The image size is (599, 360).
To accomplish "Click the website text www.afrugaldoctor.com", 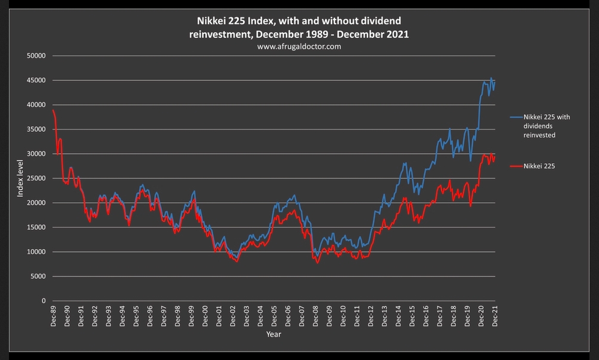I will [x=299, y=46].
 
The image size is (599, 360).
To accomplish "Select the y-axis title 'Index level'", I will [x=20, y=178].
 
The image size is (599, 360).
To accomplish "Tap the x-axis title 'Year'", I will [x=274, y=334].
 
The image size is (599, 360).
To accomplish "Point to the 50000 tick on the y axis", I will [x=37, y=56].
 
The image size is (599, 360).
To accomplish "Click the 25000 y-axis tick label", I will [x=37, y=178].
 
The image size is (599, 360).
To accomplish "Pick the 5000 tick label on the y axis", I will [x=40, y=277].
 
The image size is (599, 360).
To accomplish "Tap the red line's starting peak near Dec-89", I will [x=53, y=110].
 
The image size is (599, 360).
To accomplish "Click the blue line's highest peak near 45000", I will [x=491, y=78].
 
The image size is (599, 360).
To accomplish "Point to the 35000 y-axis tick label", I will [x=37, y=129].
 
